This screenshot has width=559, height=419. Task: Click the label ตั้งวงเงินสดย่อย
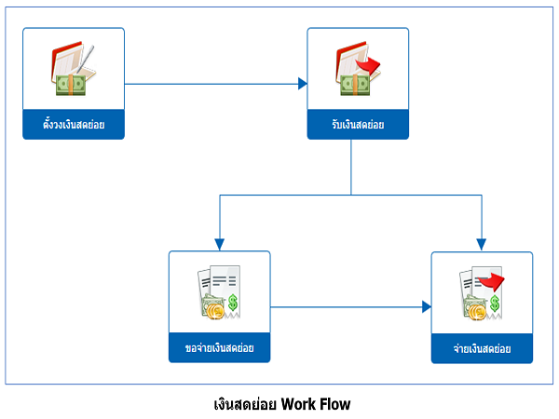click(x=74, y=125)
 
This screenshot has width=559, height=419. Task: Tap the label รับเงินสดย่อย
click(x=358, y=125)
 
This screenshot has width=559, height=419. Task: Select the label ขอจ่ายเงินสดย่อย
click(x=219, y=347)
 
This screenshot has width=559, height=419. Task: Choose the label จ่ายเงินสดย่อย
click(x=482, y=348)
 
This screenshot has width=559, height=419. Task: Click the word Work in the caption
click(x=299, y=404)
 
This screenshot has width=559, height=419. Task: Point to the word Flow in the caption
click(x=334, y=404)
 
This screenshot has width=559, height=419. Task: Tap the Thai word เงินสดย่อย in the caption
click(x=245, y=404)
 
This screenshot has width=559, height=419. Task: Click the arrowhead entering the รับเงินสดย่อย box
click(x=303, y=84)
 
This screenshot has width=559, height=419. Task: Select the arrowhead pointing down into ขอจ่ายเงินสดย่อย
click(x=220, y=245)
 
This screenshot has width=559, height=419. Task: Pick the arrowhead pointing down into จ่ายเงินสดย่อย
click(x=482, y=245)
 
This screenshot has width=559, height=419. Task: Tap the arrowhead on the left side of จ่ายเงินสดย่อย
click(x=427, y=306)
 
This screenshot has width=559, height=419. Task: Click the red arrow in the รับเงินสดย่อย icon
click(x=368, y=65)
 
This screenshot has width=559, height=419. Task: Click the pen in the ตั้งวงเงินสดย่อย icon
click(x=86, y=59)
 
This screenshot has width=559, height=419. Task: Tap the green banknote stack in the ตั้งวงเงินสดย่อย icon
click(x=71, y=85)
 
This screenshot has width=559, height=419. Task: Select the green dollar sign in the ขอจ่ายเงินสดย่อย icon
click(x=233, y=303)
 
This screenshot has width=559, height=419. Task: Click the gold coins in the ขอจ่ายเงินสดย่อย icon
click(x=215, y=311)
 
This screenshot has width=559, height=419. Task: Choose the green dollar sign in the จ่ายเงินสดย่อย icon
click(x=495, y=304)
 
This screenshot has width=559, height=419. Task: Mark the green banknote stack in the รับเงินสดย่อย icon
click(x=355, y=86)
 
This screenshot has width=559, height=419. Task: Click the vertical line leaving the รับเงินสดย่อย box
click(x=351, y=167)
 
